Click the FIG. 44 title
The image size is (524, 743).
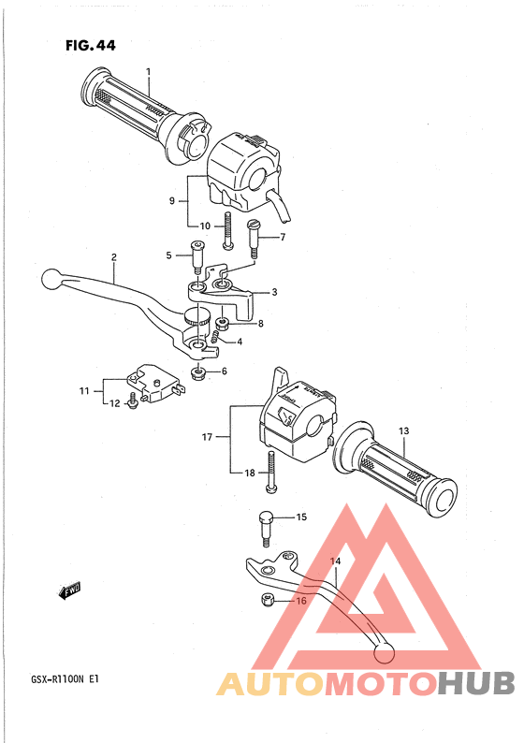click(91, 46)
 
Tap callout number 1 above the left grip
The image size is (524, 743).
click(148, 71)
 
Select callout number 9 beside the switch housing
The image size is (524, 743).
click(172, 201)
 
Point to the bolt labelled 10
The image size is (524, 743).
click(228, 230)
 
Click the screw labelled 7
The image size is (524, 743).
click(255, 239)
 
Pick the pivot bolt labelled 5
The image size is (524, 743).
click(197, 256)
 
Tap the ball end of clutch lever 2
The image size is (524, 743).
click(51, 279)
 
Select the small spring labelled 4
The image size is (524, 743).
click(215, 338)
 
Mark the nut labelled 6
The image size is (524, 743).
click(198, 373)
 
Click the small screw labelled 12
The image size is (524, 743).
click(133, 401)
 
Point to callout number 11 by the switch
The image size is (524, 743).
click(84, 391)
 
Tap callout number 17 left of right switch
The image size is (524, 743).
click(207, 437)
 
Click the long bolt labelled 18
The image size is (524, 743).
click(270, 472)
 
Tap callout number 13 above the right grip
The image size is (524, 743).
click(403, 431)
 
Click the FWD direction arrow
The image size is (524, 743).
click(69, 590)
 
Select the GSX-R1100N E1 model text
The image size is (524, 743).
click(65, 679)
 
